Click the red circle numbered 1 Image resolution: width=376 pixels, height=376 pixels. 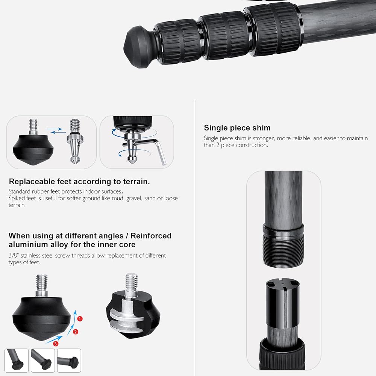(80, 319)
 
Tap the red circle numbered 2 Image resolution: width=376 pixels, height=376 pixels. (76, 332)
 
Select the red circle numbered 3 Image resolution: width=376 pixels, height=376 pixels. (56, 344)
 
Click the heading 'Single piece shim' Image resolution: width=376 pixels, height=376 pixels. (237, 128)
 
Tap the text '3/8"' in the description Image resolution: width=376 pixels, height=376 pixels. (14, 255)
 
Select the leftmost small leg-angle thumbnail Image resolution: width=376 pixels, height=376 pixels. (17, 361)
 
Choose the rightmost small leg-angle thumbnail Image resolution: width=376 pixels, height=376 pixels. (69, 361)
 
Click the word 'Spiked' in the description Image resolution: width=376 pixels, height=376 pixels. (16, 199)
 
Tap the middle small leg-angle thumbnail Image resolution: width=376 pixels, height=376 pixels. (43, 361)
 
